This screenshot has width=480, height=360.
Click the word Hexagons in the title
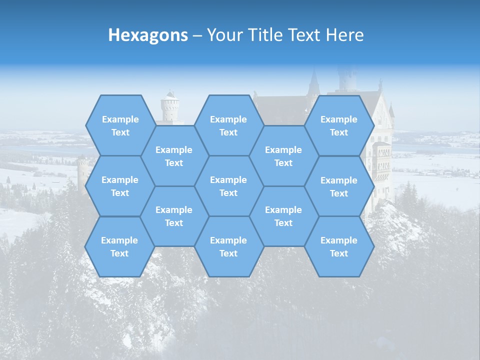148,35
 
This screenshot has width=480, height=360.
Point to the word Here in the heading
345,35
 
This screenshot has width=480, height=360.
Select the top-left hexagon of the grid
120,125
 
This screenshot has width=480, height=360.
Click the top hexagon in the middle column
228,125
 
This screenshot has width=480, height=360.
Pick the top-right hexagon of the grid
339,125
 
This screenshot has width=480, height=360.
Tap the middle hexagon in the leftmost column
120,186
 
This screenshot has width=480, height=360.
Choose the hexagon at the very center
228,186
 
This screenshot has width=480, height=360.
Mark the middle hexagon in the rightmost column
339,186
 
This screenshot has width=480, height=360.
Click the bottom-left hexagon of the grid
119,246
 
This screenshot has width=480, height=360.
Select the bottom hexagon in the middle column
228,246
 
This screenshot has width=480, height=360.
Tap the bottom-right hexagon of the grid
339,246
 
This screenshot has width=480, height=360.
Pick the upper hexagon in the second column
174,156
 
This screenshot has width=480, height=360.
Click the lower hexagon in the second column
174,216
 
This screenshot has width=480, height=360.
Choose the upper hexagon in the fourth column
283,156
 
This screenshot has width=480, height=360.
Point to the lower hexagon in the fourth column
283,216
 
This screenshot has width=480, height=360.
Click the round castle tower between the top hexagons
170,107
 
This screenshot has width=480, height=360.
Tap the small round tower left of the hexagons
82,172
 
